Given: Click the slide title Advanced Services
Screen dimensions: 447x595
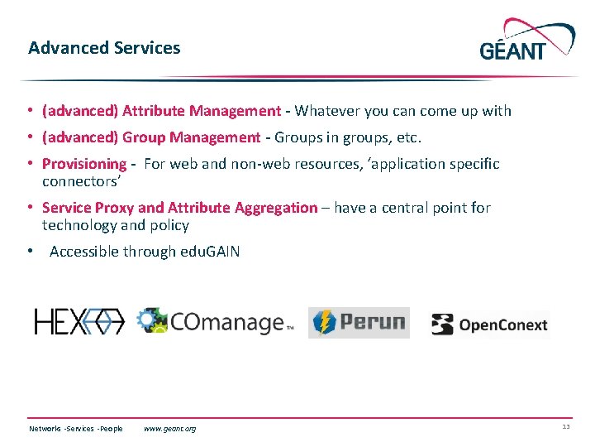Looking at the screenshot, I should (104, 48).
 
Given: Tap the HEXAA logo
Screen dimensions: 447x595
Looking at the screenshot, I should (79, 322).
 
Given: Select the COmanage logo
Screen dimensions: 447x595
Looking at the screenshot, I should (215, 322).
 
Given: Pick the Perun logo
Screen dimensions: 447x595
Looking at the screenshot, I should (359, 322).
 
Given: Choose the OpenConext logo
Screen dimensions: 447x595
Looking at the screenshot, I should (489, 324).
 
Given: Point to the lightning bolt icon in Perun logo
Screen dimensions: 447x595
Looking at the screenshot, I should (324, 322).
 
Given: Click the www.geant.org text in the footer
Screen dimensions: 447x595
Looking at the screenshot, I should (169, 429).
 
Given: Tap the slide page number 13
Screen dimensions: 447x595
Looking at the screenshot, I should (565, 427).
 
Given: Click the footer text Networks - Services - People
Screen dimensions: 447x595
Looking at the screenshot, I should (76, 429).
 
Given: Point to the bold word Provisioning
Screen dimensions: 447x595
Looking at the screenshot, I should (83, 164).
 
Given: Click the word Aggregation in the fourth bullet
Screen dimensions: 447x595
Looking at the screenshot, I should (275, 208).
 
